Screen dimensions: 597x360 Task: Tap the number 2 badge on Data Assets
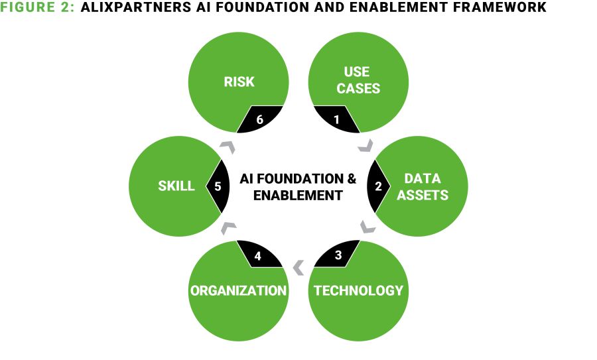378,186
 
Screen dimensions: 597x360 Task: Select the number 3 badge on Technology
338,254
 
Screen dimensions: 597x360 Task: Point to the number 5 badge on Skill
218,186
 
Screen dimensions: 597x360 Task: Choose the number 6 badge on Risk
259,119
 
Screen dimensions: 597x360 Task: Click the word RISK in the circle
239,82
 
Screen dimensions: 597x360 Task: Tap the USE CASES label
358,80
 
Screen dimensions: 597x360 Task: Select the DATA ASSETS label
423,186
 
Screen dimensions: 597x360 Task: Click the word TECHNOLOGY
358,290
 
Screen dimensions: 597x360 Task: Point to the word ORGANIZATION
238,290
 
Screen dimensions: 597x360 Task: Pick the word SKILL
176,186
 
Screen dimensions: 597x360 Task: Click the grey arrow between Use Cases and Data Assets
366,146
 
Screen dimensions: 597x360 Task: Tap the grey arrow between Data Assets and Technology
367,227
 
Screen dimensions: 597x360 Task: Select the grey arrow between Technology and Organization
299,268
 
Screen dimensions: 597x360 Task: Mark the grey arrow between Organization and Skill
228,227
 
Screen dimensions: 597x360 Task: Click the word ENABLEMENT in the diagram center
298,195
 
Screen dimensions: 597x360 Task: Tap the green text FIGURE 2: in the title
37,7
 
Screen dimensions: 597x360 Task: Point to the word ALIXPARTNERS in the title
136,7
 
